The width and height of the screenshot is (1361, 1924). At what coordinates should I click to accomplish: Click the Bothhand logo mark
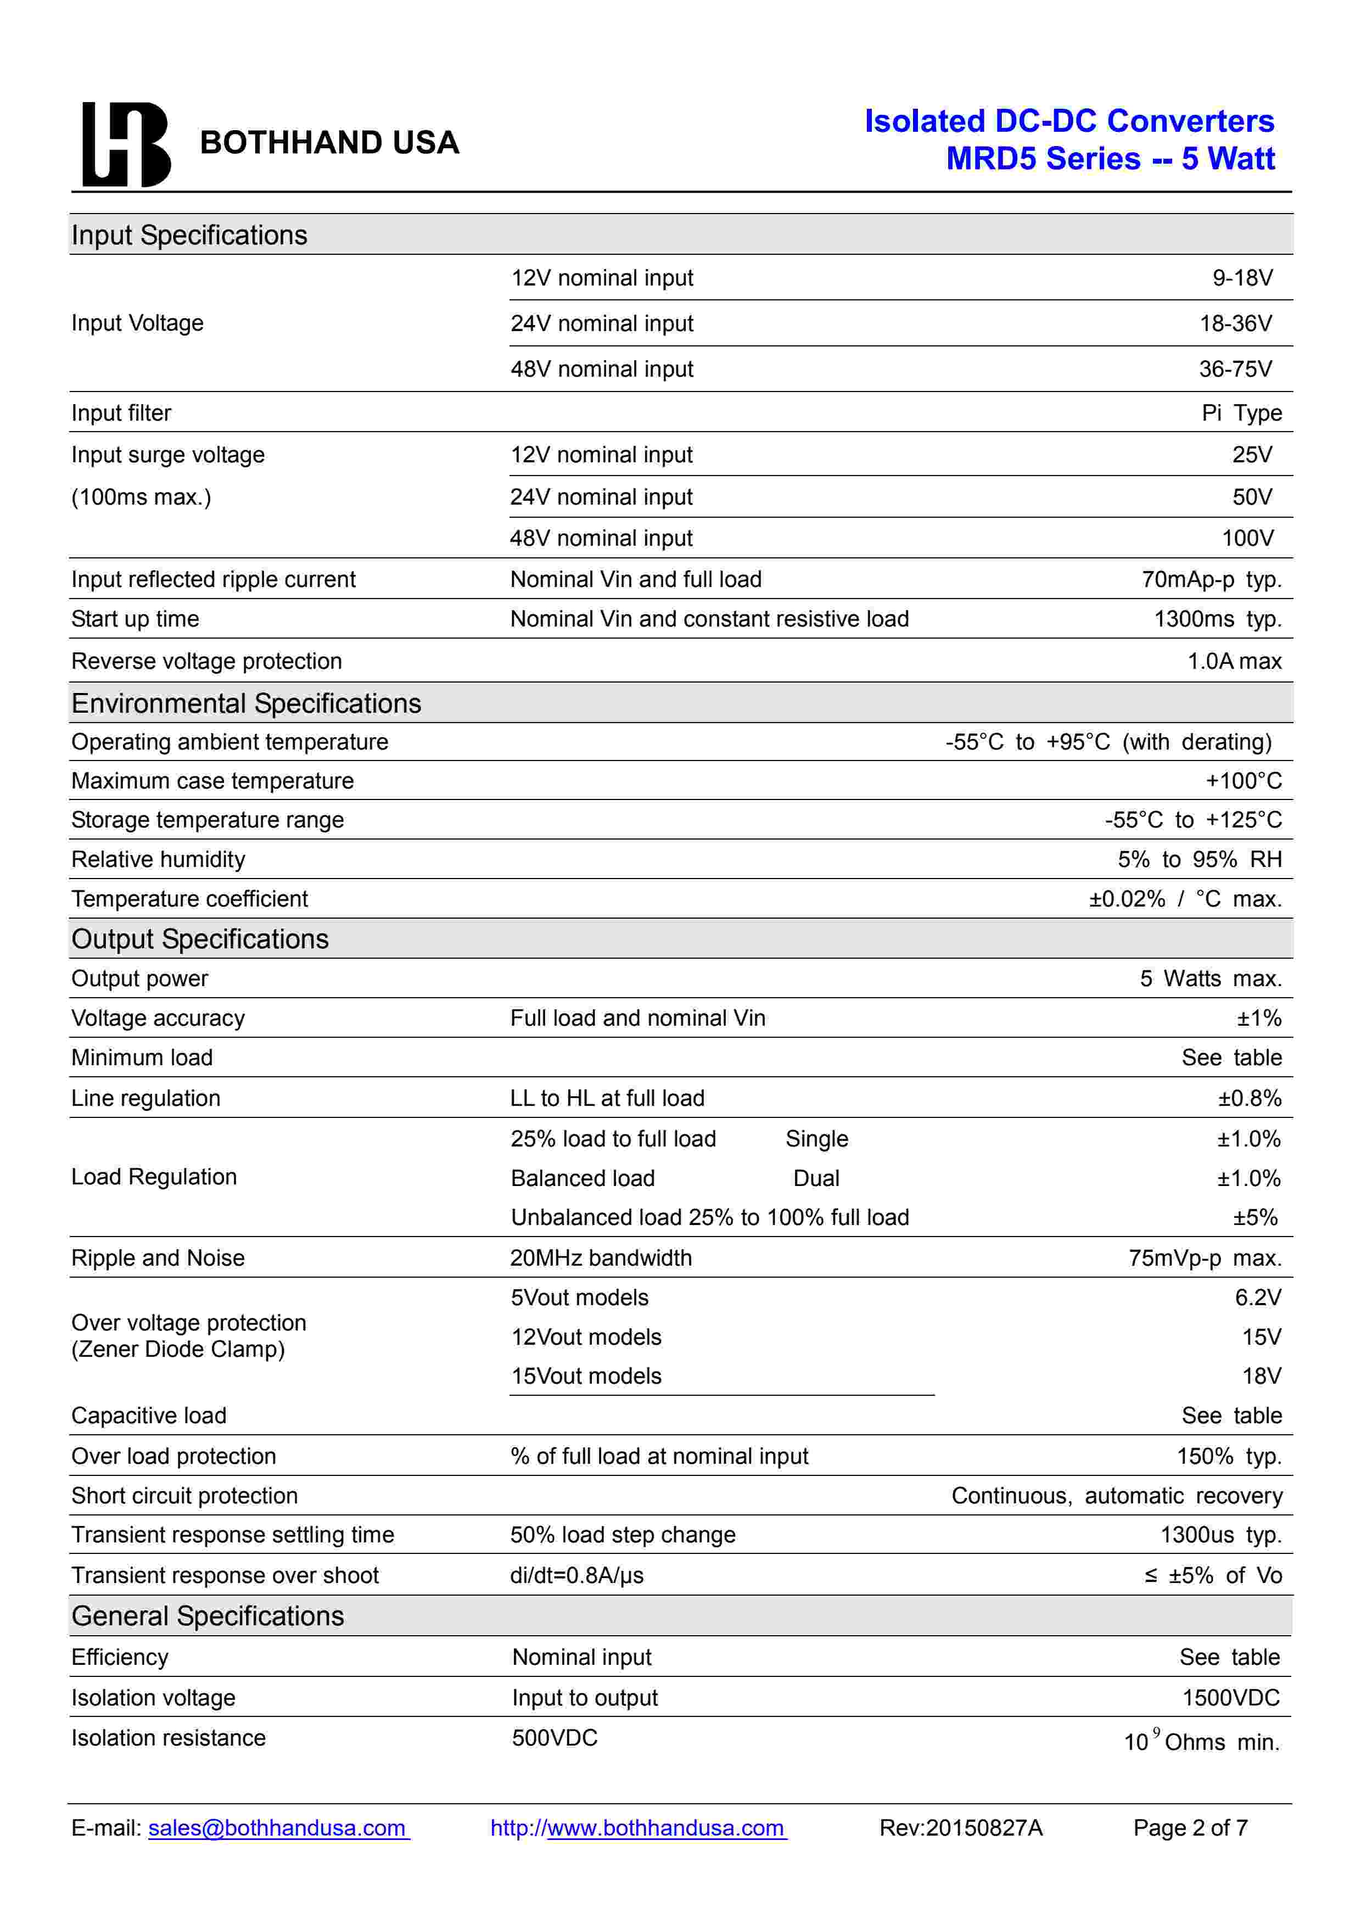(x=126, y=143)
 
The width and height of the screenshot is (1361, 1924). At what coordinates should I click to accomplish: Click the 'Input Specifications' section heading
(x=189, y=236)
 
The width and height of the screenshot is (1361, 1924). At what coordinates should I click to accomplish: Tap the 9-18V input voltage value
(x=1242, y=278)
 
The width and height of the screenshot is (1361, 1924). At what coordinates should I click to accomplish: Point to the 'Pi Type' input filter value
(x=1241, y=413)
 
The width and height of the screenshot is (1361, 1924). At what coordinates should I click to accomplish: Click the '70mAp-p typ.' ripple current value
(x=1211, y=579)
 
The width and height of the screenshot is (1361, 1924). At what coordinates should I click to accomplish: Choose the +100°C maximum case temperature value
(x=1243, y=781)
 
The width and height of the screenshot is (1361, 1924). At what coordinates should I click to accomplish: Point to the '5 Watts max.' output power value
(x=1210, y=979)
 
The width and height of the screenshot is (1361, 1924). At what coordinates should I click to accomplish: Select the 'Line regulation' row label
(x=146, y=1099)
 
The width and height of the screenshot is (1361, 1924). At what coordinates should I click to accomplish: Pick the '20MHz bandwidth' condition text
(x=601, y=1258)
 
